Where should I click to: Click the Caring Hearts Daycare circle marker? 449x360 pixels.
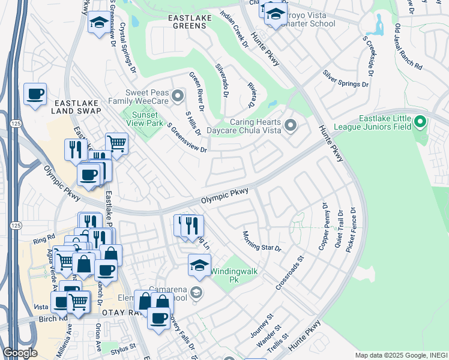(291, 125)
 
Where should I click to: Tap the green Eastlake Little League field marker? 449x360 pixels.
(420, 122)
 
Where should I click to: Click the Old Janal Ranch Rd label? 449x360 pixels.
(408, 46)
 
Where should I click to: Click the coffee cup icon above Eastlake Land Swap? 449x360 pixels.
(35, 94)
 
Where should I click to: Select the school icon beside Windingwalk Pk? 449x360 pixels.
(199, 264)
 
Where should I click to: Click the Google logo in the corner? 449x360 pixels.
(20, 353)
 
